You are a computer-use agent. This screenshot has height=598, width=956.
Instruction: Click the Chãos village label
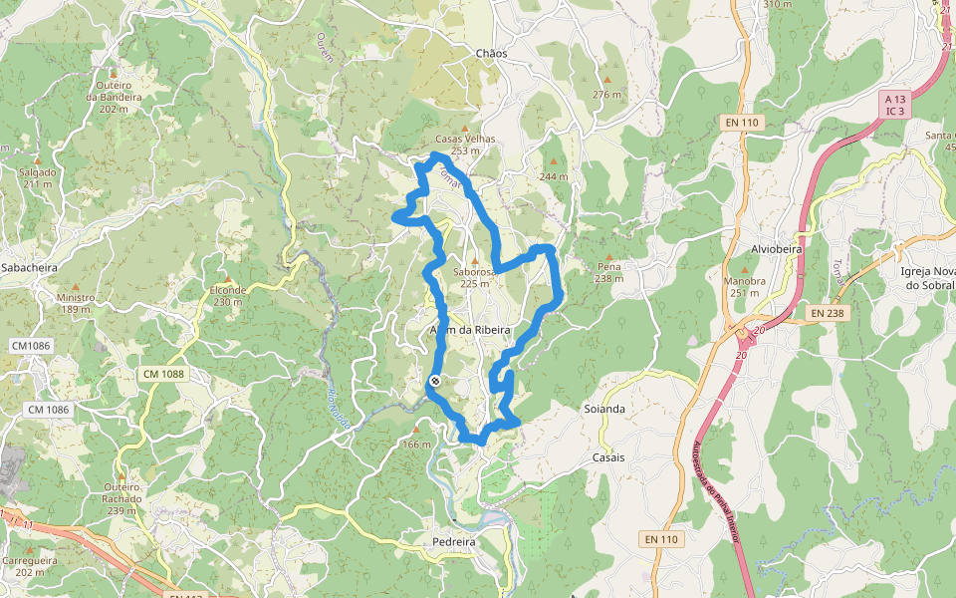492,53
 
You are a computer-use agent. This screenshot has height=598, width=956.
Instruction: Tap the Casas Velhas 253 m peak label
465,145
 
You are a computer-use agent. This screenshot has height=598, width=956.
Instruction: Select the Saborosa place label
474,272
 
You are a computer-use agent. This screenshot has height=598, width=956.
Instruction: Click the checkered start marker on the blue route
435,382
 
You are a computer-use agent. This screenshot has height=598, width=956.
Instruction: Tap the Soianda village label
606,408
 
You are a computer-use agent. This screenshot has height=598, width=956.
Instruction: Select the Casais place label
608,457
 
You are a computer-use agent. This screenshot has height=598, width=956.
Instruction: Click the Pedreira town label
454,541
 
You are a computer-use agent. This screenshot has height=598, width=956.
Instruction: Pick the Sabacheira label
29,268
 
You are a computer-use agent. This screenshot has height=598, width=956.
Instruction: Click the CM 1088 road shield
163,373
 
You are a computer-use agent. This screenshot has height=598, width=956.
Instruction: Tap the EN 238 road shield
827,313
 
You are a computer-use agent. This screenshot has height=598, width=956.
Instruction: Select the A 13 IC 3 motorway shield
896,105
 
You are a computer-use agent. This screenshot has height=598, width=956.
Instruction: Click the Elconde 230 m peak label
227,295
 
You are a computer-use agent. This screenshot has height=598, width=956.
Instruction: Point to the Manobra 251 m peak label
745,286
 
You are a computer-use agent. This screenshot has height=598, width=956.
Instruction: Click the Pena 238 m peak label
609,272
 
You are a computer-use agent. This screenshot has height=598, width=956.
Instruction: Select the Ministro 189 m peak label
76,303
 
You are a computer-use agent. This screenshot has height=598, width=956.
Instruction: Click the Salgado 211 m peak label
38,177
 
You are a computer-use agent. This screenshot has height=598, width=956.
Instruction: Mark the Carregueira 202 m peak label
30,566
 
